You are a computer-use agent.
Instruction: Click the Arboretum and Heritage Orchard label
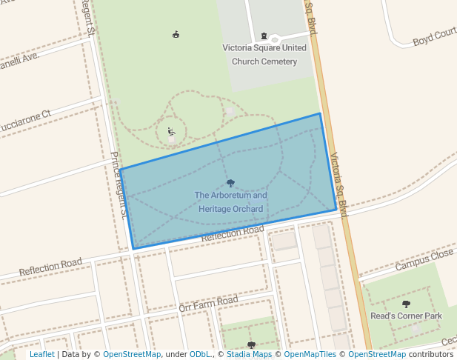230,202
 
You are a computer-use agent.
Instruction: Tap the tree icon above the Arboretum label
230,183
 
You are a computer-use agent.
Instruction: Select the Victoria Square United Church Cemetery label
264,54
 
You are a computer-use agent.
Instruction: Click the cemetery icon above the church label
264,36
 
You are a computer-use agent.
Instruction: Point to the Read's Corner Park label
406,316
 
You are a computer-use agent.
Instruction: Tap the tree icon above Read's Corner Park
406,304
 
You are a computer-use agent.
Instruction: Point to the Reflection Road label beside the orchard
233,233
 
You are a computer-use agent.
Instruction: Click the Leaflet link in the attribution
41,354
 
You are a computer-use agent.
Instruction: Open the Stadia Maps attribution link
252,354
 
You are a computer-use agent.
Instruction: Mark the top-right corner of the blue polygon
320,114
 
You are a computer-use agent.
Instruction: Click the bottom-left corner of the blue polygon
133,249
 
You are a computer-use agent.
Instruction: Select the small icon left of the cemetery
176,33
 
